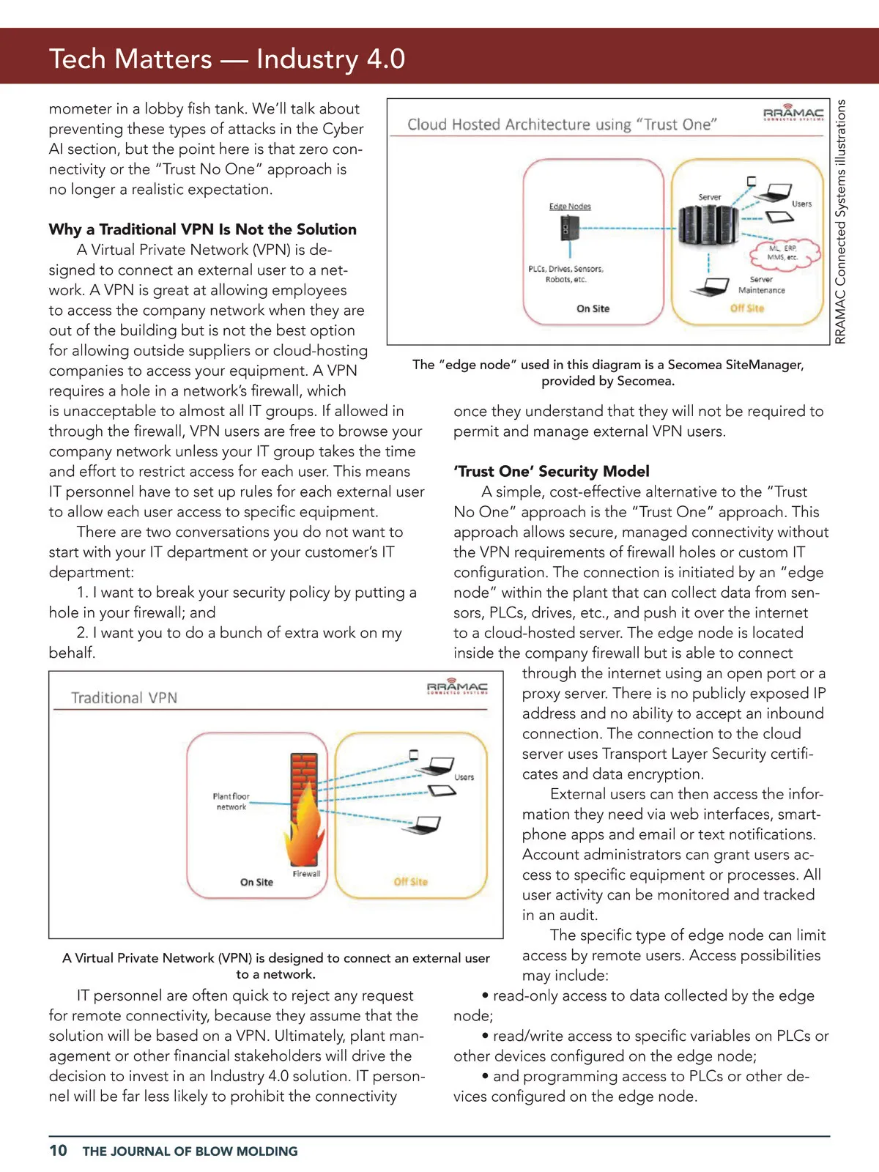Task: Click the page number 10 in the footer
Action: (x=58, y=1150)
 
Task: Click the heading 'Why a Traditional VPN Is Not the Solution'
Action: (x=202, y=229)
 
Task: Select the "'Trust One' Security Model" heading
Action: (x=551, y=471)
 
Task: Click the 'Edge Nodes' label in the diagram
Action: (x=570, y=207)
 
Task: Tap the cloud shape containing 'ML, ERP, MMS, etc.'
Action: (x=782, y=253)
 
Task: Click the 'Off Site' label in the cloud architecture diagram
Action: (x=746, y=308)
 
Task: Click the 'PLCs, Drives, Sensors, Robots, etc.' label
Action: (x=565, y=274)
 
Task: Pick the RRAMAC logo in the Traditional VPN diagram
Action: (x=457, y=687)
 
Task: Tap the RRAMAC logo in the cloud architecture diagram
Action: (x=793, y=114)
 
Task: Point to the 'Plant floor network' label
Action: (x=231, y=801)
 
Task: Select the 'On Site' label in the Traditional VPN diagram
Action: (x=256, y=882)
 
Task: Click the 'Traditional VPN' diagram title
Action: (x=124, y=698)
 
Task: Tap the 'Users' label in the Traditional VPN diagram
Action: (x=464, y=777)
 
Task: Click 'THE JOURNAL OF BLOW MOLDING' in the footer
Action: (x=190, y=1151)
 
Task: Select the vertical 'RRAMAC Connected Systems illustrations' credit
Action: (x=840, y=221)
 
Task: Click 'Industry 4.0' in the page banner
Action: (x=330, y=59)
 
